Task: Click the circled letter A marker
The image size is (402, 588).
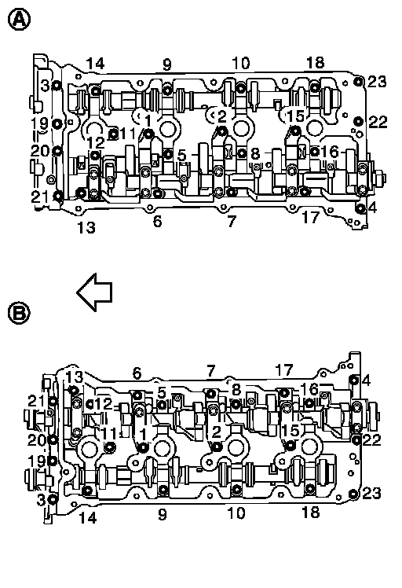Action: (x=19, y=20)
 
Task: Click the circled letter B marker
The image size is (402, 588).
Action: (x=19, y=312)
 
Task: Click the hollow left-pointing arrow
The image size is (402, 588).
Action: (x=94, y=292)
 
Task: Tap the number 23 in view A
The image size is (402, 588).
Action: (x=377, y=82)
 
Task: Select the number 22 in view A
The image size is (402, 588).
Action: (x=378, y=122)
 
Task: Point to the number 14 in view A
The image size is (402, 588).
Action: (x=95, y=64)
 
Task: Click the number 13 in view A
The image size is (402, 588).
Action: (x=86, y=227)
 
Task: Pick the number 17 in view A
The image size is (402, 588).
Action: (x=311, y=217)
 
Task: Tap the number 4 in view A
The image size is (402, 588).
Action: (x=372, y=207)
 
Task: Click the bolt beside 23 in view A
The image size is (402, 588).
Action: (x=359, y=82)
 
